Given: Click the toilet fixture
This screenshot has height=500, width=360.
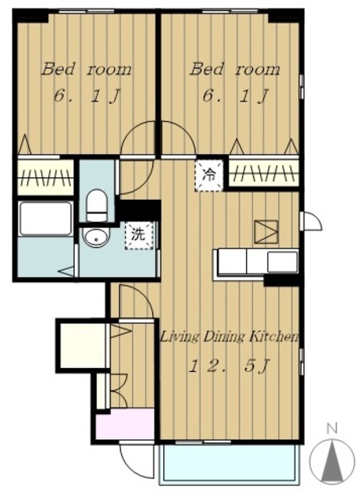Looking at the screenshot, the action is [97, 205].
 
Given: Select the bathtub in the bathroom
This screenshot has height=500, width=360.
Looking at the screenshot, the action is [45, 219].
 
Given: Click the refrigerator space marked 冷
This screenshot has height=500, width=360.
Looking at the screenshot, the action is [209, 175].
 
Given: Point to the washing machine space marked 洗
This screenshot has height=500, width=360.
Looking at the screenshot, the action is [139, 236].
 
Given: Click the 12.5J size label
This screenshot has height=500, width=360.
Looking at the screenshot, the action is [230, 366].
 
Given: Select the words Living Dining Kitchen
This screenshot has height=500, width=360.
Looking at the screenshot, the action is [230, 337].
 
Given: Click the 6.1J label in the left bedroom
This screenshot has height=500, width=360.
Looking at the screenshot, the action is [87, 95].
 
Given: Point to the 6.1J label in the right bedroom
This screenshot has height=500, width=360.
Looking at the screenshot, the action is [236, 95].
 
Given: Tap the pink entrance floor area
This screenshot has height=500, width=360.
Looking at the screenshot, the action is [126, 423].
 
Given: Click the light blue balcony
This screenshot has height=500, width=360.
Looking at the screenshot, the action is [230, 463].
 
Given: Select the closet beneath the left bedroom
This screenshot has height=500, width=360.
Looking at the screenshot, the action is [45, 177].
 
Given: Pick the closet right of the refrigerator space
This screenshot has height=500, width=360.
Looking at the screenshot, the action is [264, 173].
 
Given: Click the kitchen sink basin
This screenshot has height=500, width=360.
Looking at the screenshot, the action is [282, 262].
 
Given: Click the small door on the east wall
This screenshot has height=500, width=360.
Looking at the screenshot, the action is [312, 220].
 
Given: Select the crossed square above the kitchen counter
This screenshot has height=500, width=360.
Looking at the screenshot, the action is [266, 231].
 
